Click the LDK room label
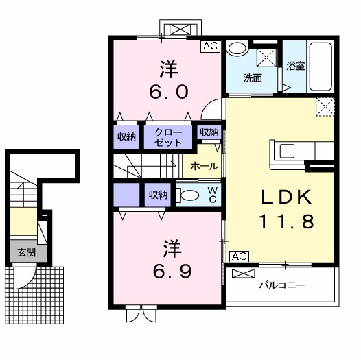(x=286, y=197)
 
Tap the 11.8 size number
(x=286, y=221)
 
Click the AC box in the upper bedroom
(x=209, y=47)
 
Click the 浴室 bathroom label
(x=296, y=67)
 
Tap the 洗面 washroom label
(x=253, y=77)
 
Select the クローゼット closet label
(x=169, y=136)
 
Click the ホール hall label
(x=205, y=166)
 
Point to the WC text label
(x=212, y=194)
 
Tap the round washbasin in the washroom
(x=238, y=49)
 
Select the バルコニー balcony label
(x=282, y=284)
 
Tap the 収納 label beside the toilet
(x=158, y=195)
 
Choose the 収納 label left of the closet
(x=126, y=136)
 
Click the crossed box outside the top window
(x=180, y=29)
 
